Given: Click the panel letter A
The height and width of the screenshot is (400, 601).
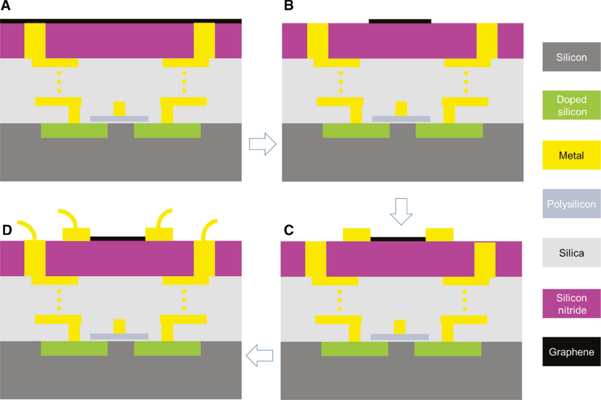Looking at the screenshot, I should point(6,5).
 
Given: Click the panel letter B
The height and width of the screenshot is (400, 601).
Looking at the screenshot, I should point(289,5).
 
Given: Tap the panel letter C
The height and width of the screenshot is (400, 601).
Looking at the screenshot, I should point(289,230).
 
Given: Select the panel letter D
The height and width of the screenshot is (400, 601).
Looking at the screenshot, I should point(7,230).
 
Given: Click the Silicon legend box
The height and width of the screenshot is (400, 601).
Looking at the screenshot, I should point(571,57).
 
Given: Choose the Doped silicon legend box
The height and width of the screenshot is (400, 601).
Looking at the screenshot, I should point(571,105).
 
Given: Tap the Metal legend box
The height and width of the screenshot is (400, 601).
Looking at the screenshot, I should point(571,155).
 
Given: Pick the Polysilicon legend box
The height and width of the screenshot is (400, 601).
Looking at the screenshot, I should point(571,204).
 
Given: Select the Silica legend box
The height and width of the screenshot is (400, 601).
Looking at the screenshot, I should point(571,253).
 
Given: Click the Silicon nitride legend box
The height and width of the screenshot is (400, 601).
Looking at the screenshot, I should point(571,304).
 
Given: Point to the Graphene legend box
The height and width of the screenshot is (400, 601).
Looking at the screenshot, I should point(571,352).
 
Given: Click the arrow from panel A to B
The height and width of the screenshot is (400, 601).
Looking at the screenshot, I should point(263,144).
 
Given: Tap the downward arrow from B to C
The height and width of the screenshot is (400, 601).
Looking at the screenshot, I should point(401,211).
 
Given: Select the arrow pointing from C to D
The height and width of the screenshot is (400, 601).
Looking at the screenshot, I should point(259,355).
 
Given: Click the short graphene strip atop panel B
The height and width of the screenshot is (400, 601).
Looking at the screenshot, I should point(400,21).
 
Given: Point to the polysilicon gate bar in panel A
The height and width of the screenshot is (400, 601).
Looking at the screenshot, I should point(119,119).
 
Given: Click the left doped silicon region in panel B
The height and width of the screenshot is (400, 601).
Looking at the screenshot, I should point(356,131).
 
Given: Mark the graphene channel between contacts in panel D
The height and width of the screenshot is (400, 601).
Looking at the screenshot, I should point(118,239).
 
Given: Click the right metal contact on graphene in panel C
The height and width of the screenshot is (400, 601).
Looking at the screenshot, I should point(439,235).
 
